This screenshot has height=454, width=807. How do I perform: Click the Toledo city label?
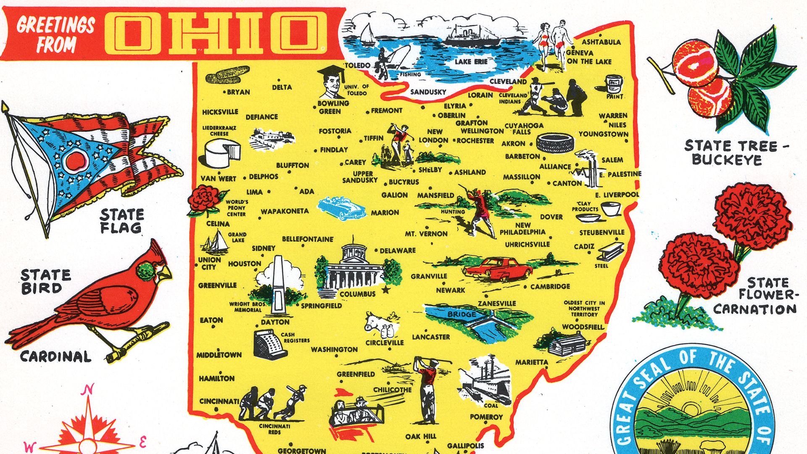358,65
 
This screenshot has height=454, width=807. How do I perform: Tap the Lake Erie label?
471,62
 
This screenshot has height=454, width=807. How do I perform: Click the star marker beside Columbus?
385,290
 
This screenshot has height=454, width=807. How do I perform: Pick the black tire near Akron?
555,143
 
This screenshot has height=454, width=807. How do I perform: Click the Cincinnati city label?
219,401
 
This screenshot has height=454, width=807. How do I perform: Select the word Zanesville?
497,304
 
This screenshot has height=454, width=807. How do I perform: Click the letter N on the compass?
87,390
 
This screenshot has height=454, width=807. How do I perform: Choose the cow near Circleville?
375,322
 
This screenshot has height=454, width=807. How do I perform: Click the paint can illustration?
614,85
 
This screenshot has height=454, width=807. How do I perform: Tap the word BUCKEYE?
727,160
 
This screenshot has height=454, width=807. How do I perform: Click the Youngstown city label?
603,134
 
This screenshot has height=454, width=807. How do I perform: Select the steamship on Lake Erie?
472,36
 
